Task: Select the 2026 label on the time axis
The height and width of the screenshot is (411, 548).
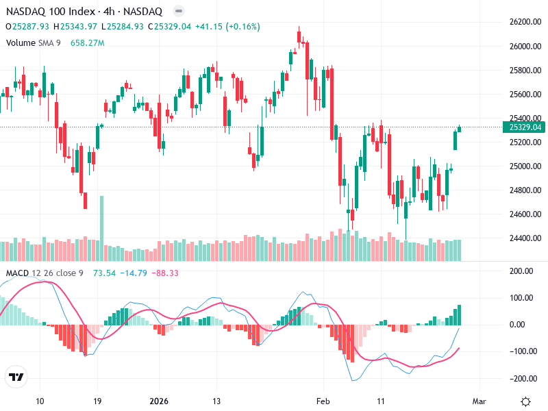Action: [158, 401]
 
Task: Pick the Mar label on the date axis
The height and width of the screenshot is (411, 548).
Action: [479, 401]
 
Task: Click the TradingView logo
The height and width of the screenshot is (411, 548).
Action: [16, 377]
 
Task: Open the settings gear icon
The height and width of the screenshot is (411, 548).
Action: [525, 401]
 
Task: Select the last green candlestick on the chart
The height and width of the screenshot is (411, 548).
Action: [459, 129]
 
